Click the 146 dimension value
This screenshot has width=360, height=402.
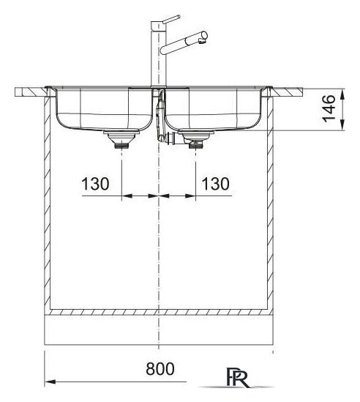329,108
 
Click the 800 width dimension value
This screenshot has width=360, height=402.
160,369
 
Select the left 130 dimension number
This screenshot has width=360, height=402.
95,184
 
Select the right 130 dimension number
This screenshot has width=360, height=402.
215,184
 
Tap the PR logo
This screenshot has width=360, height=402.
237,378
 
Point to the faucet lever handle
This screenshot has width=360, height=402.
170,19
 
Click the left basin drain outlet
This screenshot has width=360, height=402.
121,139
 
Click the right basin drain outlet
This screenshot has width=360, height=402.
196,140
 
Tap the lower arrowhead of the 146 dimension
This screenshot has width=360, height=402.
342,125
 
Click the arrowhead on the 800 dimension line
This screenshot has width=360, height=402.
50,381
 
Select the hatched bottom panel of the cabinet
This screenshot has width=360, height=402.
159,312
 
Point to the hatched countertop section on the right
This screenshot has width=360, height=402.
288,92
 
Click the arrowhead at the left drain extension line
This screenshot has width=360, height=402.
127,196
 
